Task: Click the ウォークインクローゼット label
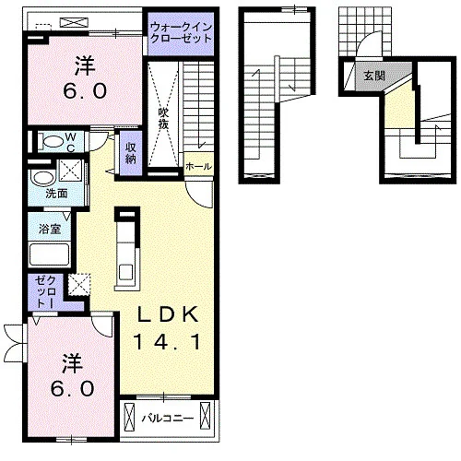(181, 33)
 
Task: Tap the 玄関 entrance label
(374, 76)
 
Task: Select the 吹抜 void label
(163, 118)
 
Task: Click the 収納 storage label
(131, 153)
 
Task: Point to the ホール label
(198, 167)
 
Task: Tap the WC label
(71, 142)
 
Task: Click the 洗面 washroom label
(56, 194)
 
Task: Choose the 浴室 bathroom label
(50, 229)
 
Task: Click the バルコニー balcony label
(168, 419)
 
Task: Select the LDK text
(167, 314)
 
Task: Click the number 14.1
(167, 342)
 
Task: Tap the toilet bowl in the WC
(53, 142)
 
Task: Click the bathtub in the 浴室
(49, 254)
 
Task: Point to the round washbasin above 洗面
(43, 178)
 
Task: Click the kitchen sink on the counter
(126, 272)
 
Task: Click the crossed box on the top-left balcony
(74, 23)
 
